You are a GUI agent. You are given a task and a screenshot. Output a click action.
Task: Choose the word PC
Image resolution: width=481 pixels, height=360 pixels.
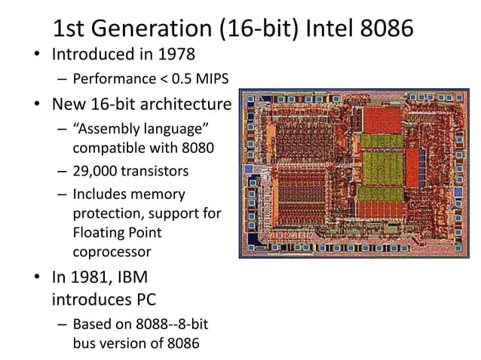click(143, 300)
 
